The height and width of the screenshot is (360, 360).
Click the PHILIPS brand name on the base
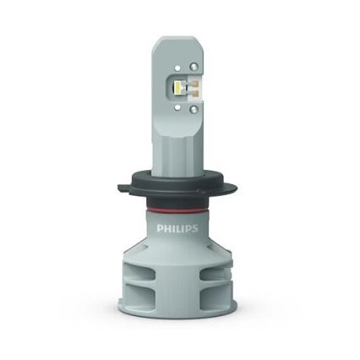(177, 228)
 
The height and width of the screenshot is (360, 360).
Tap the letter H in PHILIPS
(167, 228)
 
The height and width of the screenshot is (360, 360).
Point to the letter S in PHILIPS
(197, 228)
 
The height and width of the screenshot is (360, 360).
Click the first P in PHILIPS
(160, 228)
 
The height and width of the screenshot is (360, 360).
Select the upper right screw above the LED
(194, 66)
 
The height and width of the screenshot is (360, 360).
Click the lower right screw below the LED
(194, 108)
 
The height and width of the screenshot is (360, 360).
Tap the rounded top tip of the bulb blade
(178, 40)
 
